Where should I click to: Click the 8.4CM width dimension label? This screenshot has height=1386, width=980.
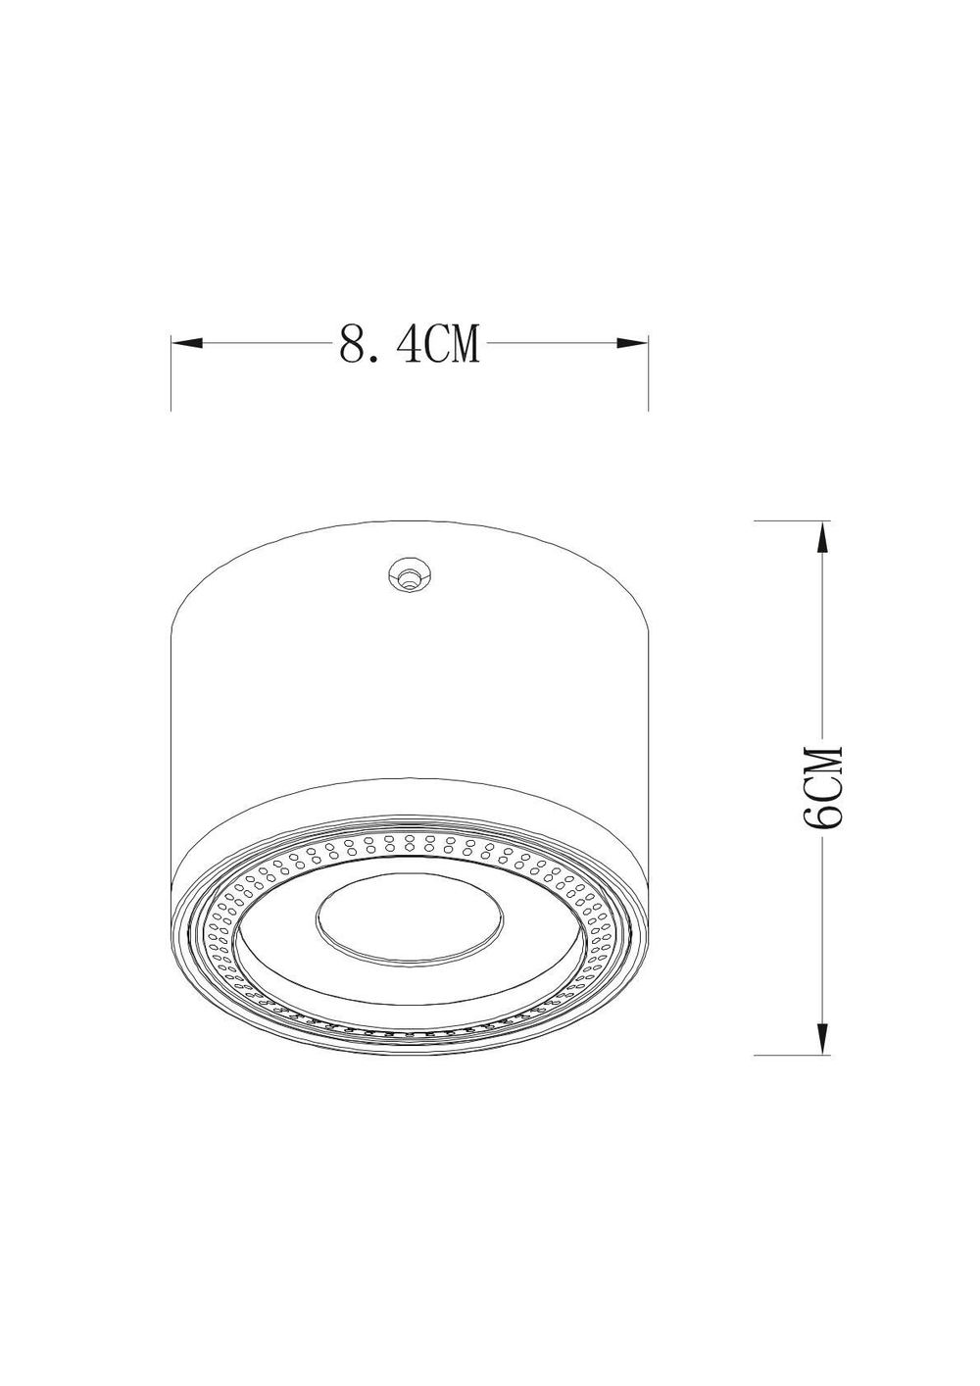(x=410, y=344)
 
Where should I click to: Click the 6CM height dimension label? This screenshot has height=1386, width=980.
(x=821, y=788)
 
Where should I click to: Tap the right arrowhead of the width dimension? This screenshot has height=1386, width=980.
(x=633, y=343)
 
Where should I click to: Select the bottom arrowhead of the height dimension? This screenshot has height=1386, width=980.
(x=823, y=1039)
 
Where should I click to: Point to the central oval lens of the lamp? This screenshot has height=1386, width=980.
(x=410, y=918)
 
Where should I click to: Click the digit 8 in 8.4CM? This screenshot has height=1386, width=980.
(x=352, y=345)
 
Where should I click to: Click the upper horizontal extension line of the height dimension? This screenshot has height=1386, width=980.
(x=789, y=520)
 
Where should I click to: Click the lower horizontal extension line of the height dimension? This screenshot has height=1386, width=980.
(x=789, y=1055)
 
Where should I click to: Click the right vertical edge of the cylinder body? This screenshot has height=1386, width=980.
(x=649, y=745)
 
